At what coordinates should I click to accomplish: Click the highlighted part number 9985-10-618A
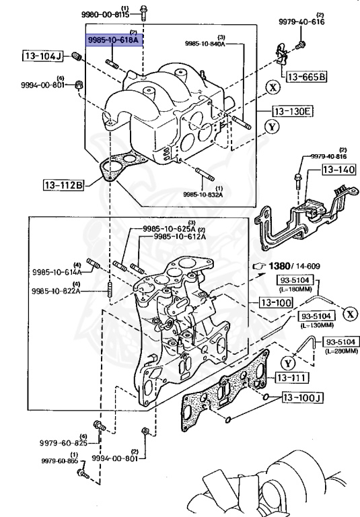click(x=113, y=40)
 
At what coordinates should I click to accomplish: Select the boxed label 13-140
click(x=337, y=171)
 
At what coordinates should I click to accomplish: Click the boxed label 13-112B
click(x=65, y=183)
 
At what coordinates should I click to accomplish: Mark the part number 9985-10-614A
click(x=57, y=273)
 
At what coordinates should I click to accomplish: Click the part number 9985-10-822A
click(x=57, y=292)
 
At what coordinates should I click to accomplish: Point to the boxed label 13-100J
click(x=303, y=397)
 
